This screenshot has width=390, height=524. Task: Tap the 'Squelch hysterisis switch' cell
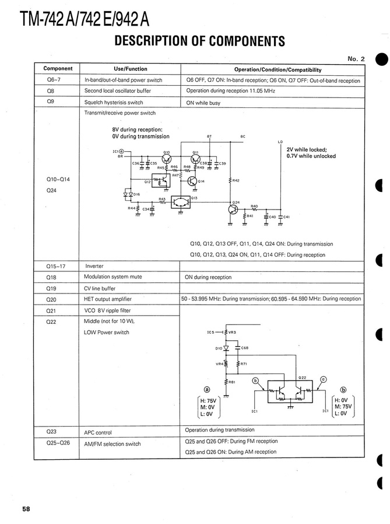point(114,102)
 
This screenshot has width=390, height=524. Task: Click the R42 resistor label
point(236,181)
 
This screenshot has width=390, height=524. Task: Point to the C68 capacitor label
point(245,348)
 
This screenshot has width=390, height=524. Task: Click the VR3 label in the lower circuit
point(232,333)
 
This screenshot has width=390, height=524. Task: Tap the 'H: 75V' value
point(208,401)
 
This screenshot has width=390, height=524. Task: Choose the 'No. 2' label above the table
point(356,58)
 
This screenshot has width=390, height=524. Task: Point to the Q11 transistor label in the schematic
point(195,152)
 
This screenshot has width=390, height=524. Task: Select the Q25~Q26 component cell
point(58,443)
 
